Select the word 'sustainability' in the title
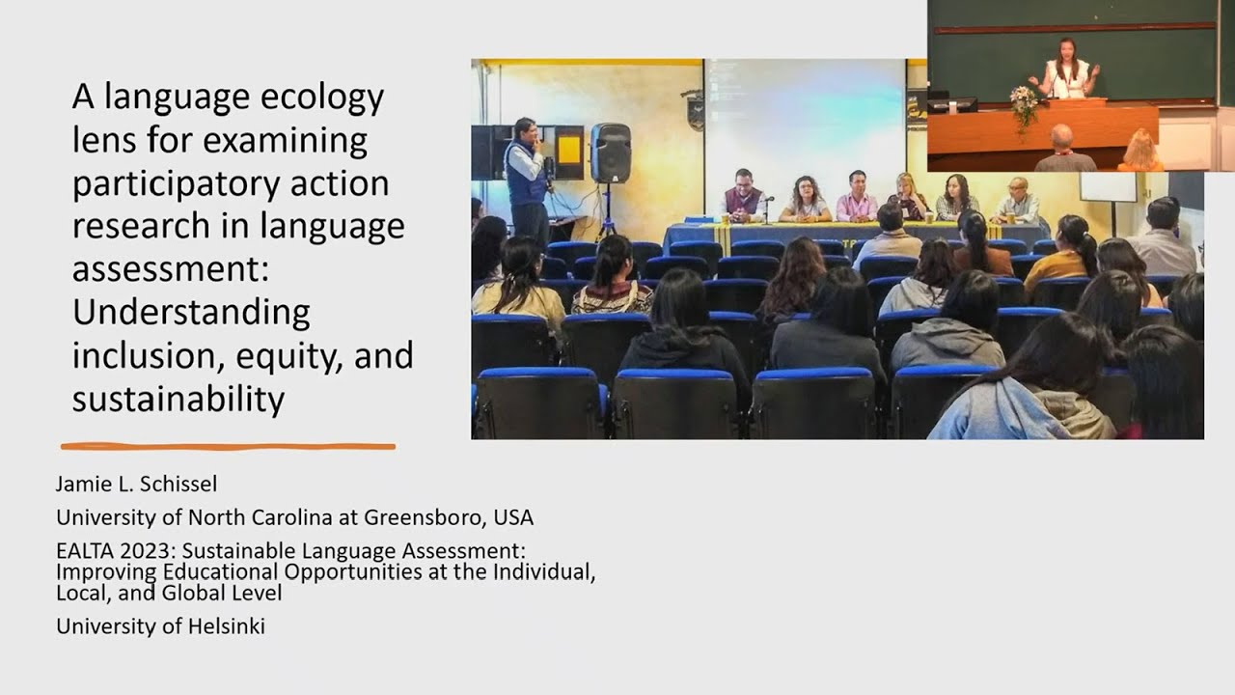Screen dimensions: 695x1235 (178, 398)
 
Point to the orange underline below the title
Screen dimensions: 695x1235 (228, 446)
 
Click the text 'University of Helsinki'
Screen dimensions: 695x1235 (160, 626)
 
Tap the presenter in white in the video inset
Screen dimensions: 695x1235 (1067, 73)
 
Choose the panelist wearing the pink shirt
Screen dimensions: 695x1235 (856, 199)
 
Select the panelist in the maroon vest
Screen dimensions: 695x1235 (742, 197)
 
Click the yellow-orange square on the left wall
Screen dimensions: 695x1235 (569, 150)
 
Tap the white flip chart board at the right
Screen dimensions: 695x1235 (1107, 185)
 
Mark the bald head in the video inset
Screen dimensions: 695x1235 (1061, 137)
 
